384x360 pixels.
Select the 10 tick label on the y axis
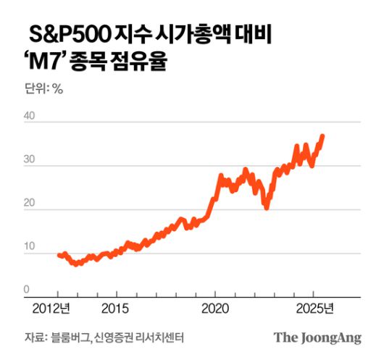[x=30, y=247]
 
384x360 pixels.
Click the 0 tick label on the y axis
[x=27, y=289]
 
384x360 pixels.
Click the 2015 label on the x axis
[x=114, y=309]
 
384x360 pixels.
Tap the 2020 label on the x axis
[x=215, y=309]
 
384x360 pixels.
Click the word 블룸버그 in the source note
[x=69, y=337]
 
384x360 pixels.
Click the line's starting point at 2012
[x=58, y=254]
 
